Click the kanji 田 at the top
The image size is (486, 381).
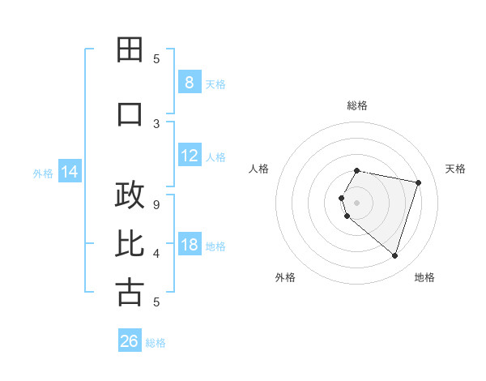[130, 50]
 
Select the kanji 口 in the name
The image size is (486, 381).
[130, 113]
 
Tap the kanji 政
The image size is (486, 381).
[130, 195]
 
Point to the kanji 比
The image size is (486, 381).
[130, 243]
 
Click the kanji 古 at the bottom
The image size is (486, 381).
[130, 292]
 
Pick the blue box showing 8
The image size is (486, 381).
[189, 83]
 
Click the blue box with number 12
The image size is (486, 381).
[189, 156]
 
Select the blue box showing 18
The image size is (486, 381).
[189, 246]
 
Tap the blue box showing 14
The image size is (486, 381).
[69, 172]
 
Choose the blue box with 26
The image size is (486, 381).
[129, 341]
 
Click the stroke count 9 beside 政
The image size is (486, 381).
[156, 205]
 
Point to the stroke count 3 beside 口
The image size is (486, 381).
[156, 123]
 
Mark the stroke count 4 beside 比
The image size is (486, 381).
[156, 253]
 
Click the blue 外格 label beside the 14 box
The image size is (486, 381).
[42, 173]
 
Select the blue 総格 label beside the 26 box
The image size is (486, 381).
[156, 343]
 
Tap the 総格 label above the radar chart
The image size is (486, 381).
[356, 105]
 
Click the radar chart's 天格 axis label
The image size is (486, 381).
[455, 169]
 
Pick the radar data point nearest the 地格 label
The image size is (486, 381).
[394, 256]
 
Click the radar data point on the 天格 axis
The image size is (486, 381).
[418, 182]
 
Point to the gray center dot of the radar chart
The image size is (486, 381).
[356, 202]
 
